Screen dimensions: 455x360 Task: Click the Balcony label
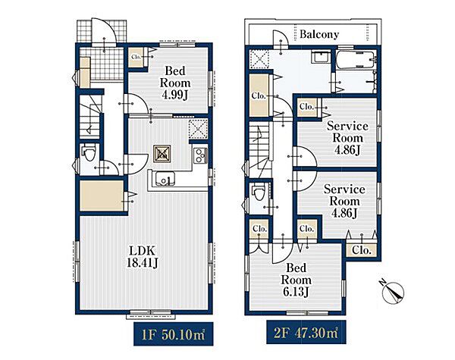319,34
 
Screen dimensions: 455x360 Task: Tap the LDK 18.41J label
143,257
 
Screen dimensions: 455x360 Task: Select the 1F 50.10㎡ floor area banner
173,334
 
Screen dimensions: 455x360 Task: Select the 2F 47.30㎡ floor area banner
306,332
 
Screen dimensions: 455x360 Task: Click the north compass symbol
393,291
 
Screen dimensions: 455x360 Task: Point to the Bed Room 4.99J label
175,83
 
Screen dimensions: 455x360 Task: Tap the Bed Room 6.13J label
296,280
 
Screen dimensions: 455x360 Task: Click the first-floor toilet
89,152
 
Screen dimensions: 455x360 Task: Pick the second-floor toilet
259,193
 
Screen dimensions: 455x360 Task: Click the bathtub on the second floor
356,60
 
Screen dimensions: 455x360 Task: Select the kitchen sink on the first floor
165,178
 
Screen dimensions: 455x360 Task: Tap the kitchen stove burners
200,155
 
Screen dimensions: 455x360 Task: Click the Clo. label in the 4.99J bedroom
136,57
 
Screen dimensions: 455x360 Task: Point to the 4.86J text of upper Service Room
347,150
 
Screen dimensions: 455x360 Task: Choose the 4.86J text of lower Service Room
344,213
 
